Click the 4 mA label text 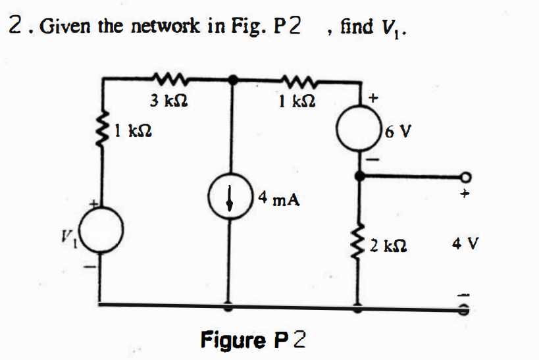click(x=280, y=198)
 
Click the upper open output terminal click(x=467, y=176)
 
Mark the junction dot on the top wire click(x=230, y=80)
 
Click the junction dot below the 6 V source click(x=359, y=176)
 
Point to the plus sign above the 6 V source click(x=374, y=99)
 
